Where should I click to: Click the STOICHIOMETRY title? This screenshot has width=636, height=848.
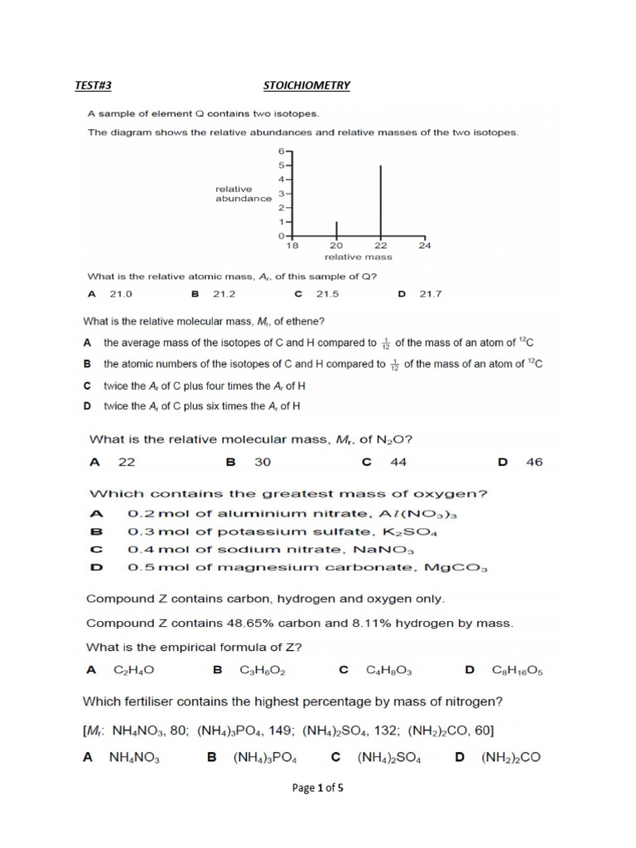306,85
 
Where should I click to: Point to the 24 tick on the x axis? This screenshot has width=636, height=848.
425,246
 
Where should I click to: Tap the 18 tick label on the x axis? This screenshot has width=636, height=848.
291,246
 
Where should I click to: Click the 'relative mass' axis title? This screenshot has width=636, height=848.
357,258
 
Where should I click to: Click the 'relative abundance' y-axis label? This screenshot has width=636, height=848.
243,194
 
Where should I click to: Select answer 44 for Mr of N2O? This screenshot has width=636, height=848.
398,462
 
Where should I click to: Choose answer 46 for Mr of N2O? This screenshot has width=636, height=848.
534,462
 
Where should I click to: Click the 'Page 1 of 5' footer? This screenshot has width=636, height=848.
318,788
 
